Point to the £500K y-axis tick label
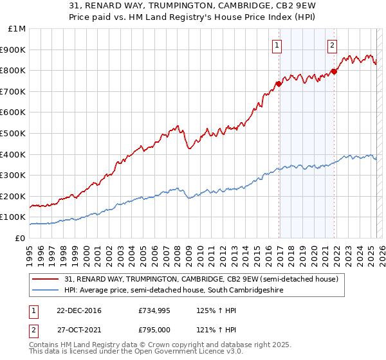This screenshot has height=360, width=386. point(14,133)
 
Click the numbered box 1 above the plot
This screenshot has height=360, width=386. point(277,45)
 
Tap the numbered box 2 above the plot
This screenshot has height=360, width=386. point(332,45)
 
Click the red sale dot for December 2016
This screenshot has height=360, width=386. point(279,84)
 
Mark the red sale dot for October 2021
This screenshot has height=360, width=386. point(334,71)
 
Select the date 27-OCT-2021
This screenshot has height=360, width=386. point(77,330)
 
